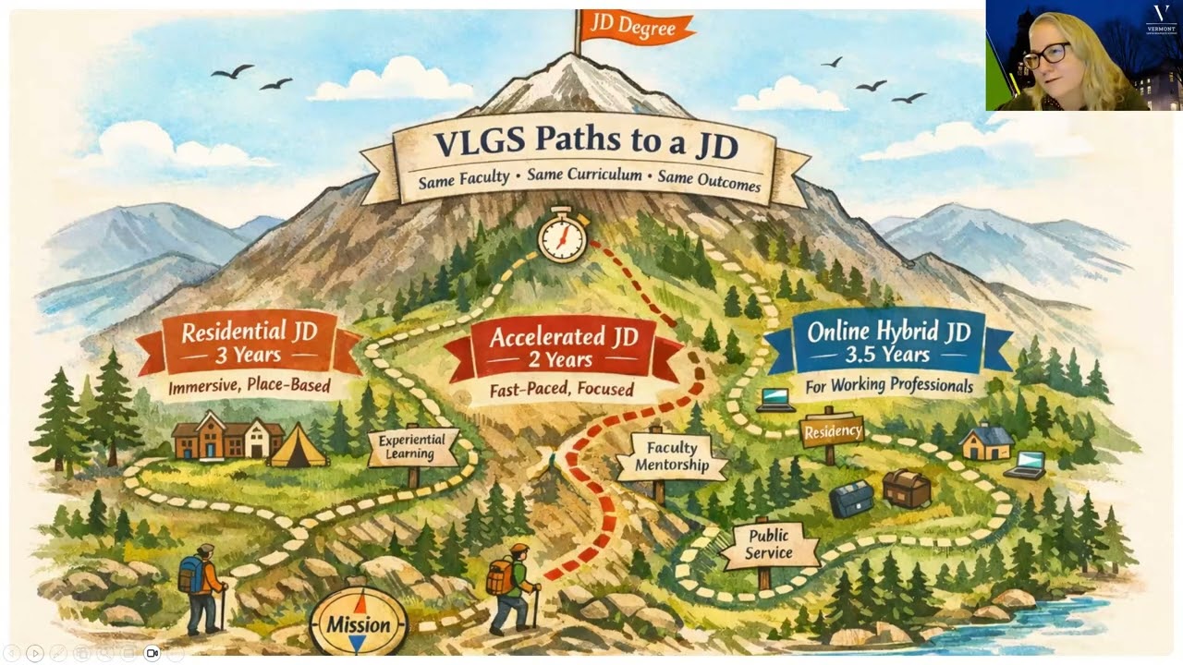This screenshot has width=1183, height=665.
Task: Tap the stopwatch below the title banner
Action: pyautogui.click(x=562, y=235)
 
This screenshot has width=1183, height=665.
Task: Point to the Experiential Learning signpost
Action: pyautogui.click(x=412, y=448)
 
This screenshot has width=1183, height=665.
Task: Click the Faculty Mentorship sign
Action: pyautogui.click(x=672, y=456)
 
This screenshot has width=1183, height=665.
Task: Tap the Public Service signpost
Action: pyautogui.click(x=769, y=545)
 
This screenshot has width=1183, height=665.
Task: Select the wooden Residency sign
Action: pyautogui.click(x=832, y=431)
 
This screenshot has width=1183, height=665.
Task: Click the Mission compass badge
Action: pyautogui.click(x=359, y=623)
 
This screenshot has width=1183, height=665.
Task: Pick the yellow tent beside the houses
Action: pyautogui.click(x=299, y=446)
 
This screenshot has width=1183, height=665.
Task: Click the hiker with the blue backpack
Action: pyautogui.click(x=201, y=586)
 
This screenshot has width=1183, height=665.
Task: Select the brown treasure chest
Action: pyautogui.click(x=906, y=488)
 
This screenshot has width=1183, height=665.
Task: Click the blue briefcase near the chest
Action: pyautogui.click(x=850, y=499)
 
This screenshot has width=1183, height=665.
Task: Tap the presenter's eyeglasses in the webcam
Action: pyautogui.click(x=1045, y=54)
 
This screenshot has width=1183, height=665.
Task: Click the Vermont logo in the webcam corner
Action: pyautogui.click(x=1161, y=18)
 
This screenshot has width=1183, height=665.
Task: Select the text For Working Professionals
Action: pyautogui.click(x=888, y=385)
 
